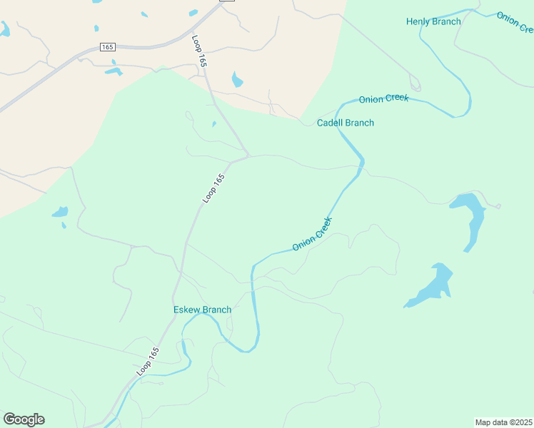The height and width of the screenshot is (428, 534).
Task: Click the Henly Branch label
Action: tap(433, 21)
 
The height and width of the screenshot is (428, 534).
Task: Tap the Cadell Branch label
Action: tap(346, 123)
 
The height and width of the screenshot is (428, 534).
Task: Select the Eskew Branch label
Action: tap(202, 310)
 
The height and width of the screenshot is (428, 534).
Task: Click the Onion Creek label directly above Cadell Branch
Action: tap(383, 99)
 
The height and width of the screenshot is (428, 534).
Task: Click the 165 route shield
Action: tap(107, 46)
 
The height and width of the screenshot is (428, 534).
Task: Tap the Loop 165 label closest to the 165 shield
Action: tap(199, 52)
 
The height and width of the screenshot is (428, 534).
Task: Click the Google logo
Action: tap(24, 419)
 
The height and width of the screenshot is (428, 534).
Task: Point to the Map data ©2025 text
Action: tap(503, 422)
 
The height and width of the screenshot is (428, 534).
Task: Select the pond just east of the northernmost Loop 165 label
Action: tap(237, 79)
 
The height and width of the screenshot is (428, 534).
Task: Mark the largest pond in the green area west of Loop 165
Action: tap(60, 212)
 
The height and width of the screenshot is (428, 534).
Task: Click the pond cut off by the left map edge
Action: tap(4, 29)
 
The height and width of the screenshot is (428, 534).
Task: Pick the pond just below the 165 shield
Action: tap(114, 71)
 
